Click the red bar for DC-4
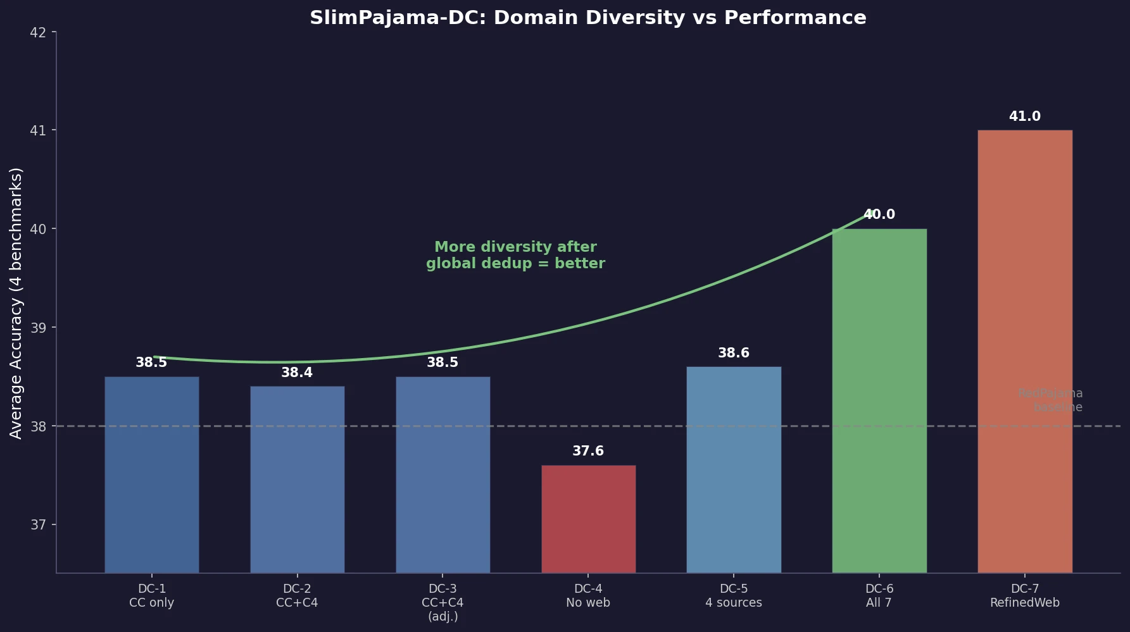588,519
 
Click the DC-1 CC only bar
151,474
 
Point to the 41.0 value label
1024,116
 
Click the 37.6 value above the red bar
588,451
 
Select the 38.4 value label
297,373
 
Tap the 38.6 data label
734,353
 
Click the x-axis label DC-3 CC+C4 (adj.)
443,602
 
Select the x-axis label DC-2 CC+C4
297,596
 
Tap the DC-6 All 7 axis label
879,596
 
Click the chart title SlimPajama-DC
587,18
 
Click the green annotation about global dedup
515,256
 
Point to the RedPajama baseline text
1050,400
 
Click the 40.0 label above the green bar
879,214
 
